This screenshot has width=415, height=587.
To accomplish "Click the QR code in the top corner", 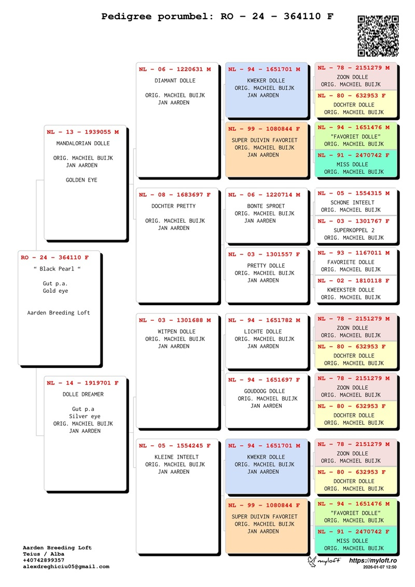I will point(378,36).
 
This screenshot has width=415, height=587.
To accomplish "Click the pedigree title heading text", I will point(217,17).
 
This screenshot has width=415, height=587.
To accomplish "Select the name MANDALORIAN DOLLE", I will point(83,144).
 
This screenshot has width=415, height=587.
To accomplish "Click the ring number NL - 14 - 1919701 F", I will point(83,383).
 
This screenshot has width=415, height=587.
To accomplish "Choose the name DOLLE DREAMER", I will point(83,394).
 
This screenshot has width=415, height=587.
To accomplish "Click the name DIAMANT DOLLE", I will point(175,81).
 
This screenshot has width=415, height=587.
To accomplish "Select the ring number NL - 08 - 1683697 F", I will point(175,195).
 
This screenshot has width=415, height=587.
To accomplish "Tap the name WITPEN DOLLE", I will point(176,332).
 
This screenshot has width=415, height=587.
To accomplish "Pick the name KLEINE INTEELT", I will point(176,457).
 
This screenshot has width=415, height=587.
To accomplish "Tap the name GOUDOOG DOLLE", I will point(264,391).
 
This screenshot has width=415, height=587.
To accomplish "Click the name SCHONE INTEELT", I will point(352,203).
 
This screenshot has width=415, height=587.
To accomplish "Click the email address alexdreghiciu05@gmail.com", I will point(66,567).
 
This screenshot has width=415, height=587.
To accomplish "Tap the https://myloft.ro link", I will point(372,561).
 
